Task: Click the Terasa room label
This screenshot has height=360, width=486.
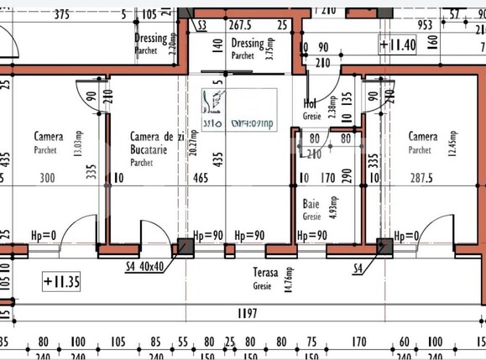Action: (266, 273)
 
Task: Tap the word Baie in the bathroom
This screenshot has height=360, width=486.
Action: (311, 204)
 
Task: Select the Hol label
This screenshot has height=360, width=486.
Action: (310, 104)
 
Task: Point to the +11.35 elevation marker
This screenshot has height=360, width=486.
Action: (61, 280)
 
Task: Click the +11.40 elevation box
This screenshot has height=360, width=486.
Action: (397, 44)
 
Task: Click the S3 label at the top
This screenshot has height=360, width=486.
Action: (201, 27)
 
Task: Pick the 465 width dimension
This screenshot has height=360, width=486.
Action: (201, 178)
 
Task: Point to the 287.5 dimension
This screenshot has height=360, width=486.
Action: (423, 178)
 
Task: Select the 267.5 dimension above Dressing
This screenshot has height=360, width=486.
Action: (241, 24)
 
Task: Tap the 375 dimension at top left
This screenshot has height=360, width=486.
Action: (61, 14)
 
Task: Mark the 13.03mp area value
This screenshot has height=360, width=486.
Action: (102, 137)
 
